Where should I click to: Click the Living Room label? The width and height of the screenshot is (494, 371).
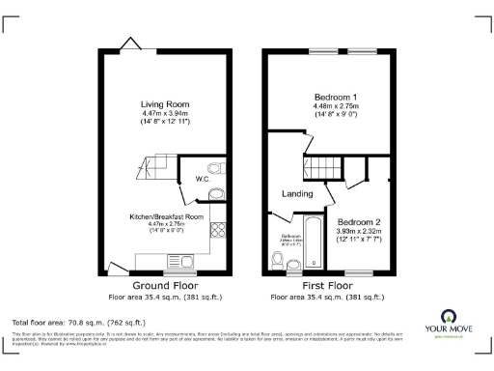(x=164, y=103)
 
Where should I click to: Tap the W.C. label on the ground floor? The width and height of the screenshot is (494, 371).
(x=203, y=179)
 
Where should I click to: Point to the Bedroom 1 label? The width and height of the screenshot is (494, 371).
(x=336, y=98)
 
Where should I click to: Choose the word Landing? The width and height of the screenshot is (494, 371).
(x=297, y=194)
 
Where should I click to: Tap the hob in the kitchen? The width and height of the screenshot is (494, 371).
(x=218, y=232)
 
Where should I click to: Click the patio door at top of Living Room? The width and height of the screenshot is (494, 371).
(x=127, y=43)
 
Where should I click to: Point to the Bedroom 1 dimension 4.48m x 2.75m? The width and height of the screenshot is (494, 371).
(x=336, y=108)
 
